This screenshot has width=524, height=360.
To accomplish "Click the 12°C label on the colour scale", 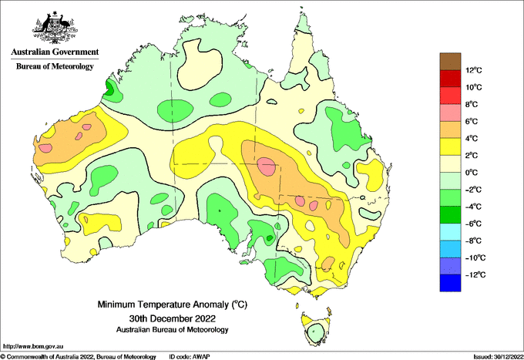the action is click(474, 70).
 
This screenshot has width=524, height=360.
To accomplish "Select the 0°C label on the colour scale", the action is click(472, 173).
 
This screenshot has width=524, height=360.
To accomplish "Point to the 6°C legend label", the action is click(472, 121).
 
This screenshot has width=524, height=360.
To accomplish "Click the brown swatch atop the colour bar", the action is click(450, 62).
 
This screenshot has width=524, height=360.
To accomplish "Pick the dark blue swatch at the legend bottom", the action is click(450, 283).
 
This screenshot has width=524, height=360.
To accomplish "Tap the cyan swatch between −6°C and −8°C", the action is click(450, 232).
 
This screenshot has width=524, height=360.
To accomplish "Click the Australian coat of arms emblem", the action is click(55, 28).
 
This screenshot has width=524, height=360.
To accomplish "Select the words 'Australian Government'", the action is click(55, 52).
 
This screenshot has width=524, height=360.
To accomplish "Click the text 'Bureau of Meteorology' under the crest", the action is click(55, 66).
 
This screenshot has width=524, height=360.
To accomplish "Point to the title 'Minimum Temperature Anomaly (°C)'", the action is click(172, 304).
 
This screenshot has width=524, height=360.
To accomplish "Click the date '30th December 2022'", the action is click(172, 318).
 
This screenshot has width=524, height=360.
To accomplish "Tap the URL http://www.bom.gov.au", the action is click(32, 346).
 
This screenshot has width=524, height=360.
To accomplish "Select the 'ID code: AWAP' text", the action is click(190, 357).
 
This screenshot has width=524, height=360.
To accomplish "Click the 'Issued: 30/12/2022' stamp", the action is click(498, 357).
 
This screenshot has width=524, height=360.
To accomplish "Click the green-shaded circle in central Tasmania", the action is click(315, 332).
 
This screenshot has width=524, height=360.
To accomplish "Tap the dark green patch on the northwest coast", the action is click(109, 88).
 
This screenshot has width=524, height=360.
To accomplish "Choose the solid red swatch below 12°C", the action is click(450, 79).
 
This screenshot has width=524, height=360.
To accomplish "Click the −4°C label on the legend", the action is click(473, 207).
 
